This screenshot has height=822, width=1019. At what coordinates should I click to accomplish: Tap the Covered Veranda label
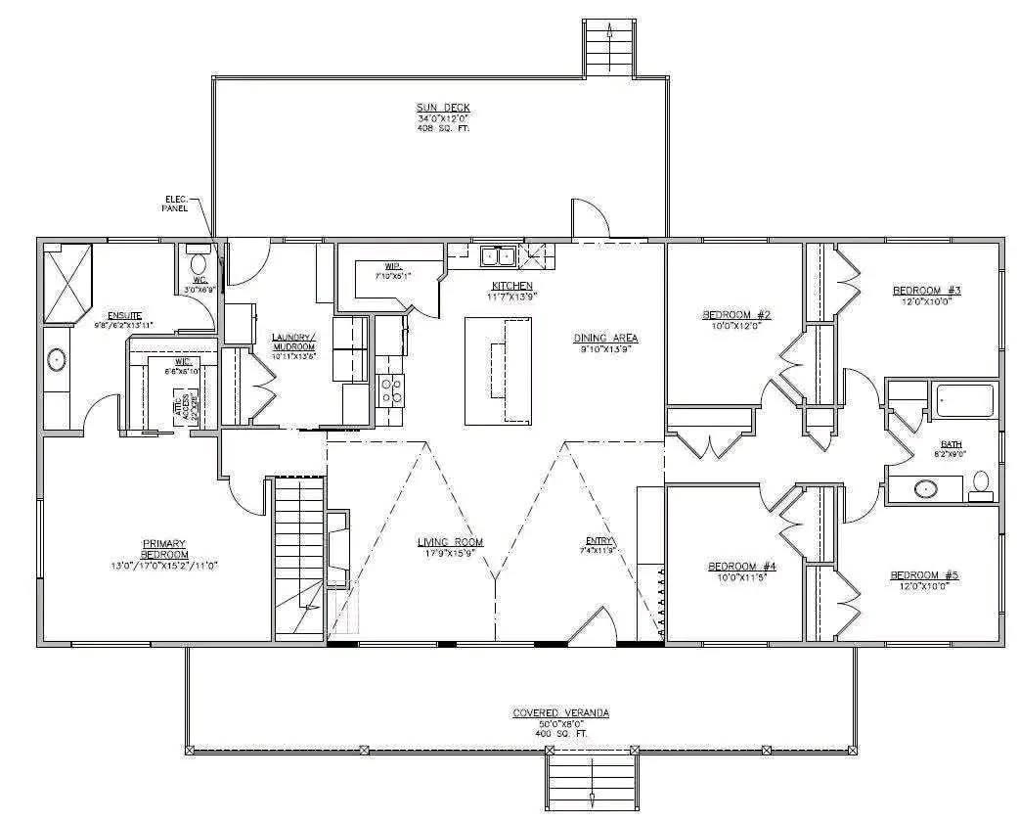point(560,713)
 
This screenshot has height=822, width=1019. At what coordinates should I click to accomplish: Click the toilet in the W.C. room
point(199,262)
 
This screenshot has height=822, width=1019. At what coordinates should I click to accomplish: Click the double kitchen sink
point(499,257)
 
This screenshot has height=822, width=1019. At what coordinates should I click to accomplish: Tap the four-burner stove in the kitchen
point(391,390)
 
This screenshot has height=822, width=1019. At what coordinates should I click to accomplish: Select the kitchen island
point(498,370)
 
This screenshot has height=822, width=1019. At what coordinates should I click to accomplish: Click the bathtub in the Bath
point(964,400)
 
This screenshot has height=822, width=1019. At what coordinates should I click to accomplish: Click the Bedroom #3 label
point(927,291)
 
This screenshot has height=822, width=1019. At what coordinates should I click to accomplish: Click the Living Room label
point(450,542)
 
